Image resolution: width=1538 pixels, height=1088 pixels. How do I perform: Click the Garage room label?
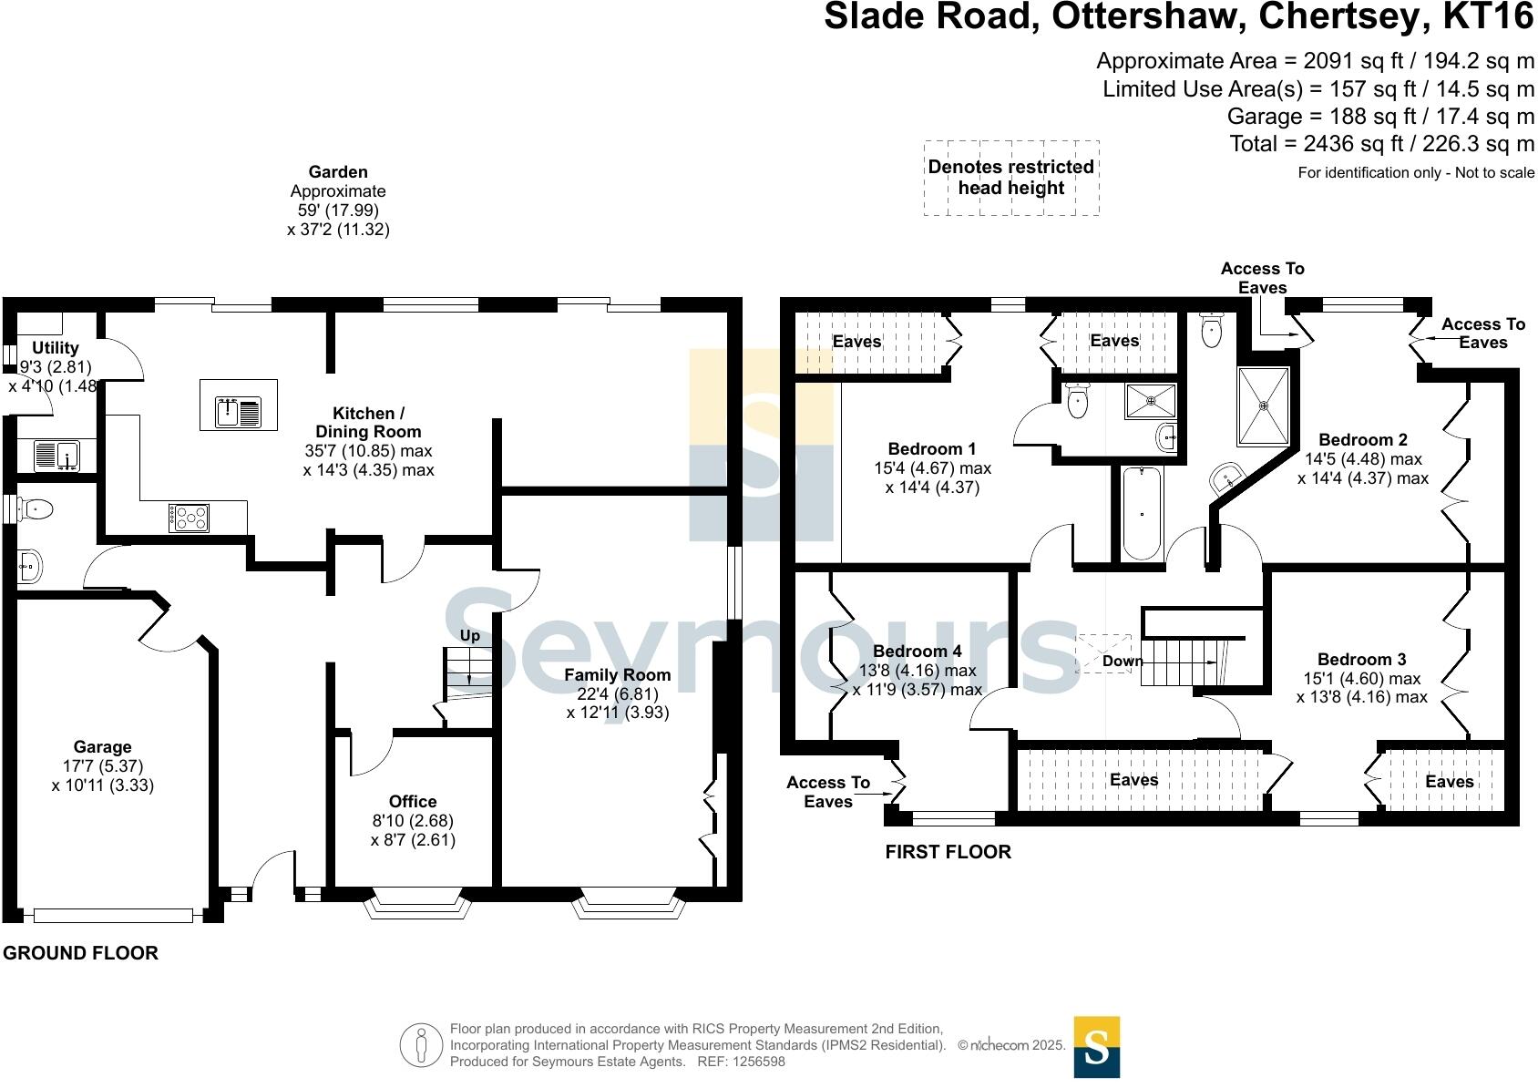pos(103,747)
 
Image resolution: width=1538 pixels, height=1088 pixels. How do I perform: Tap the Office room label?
pos(413,802)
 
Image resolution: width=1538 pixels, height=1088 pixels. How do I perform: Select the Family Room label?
pos(617,675)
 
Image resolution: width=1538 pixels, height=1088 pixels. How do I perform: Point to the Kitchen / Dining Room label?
pos(368,423)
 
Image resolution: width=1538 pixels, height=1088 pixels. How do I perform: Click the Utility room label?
pos(56,348)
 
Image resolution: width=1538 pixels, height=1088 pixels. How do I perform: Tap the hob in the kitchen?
pos(190,518)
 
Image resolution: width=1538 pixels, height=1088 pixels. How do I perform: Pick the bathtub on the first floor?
pos(1142,512)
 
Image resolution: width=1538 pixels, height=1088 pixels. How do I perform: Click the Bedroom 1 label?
pos(932,449)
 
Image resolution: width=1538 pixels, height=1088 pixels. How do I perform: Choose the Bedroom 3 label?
pos(1361,660)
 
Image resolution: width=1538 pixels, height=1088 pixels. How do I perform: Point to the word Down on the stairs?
pos(1123,662)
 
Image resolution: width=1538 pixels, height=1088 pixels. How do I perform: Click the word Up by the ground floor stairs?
pos(470,636)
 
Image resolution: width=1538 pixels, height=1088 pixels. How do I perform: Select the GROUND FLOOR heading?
pos(81,953)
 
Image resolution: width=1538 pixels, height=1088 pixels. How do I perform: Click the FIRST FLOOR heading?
pos(948,852)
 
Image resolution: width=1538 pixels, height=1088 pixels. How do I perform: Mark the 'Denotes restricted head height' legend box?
pos(1011,178)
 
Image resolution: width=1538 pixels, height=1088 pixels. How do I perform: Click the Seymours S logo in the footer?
pos(1097,1048)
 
